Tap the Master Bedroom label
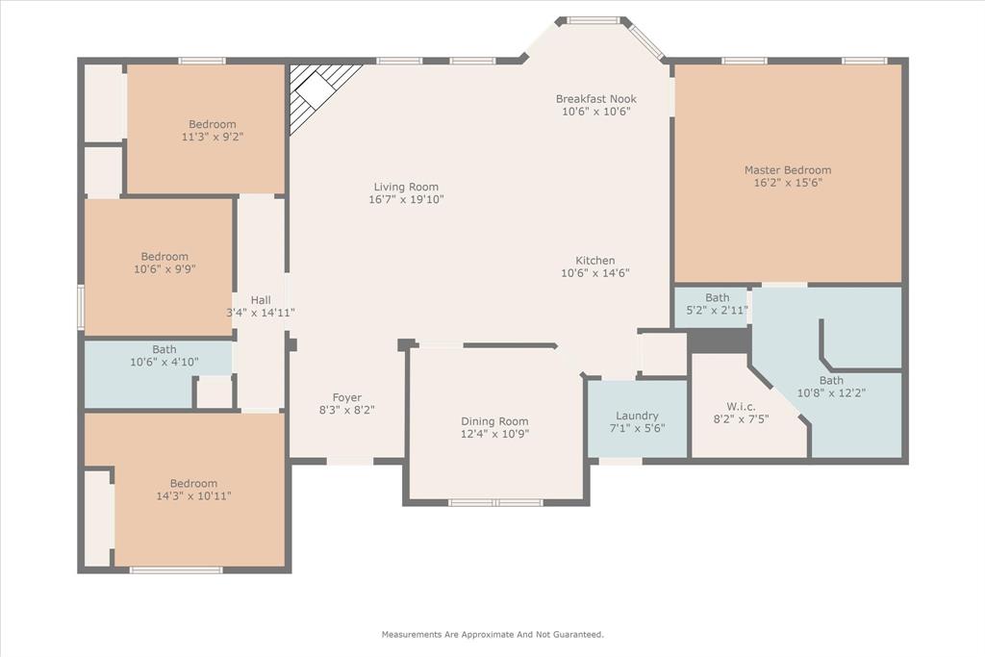pos(787,170)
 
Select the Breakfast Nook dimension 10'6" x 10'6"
pos(595,112)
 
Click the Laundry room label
pos(637,416)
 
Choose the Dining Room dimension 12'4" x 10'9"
pos(494,434)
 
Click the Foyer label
pos(346,397)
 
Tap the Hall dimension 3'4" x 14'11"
pos(260,313)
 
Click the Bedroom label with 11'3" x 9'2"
pos(212,131)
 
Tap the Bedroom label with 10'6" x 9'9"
pos(164,264)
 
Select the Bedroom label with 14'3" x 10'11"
pos(193,490)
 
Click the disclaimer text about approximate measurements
pos(492,635)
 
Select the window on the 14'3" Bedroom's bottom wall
pos(176,570)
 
